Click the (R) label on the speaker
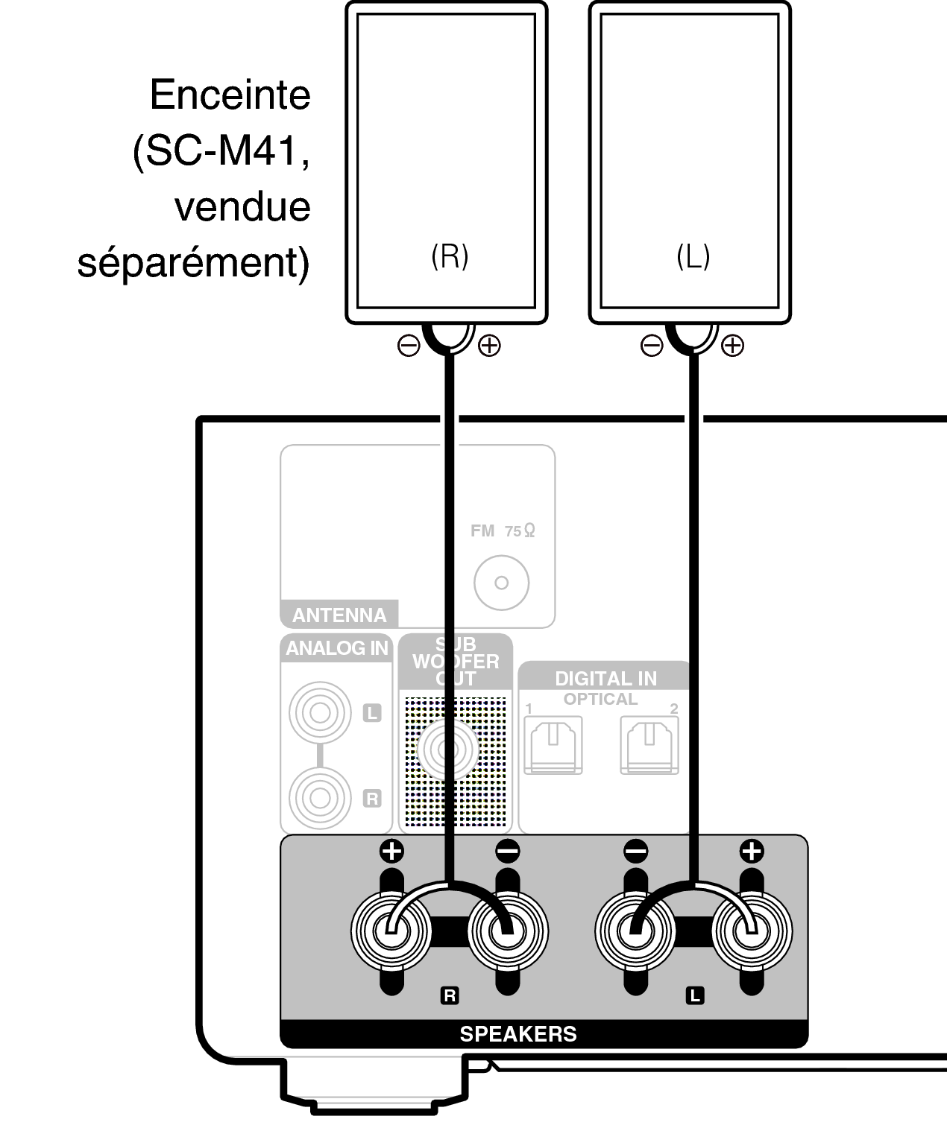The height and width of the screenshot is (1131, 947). point(450,256)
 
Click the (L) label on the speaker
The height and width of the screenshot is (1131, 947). point(693,257)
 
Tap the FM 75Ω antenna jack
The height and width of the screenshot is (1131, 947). point(502,583)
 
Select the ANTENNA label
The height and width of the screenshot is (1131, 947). point(339,615)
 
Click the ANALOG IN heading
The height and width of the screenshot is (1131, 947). point(337,648)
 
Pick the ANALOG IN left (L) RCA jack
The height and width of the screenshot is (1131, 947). point(320,713)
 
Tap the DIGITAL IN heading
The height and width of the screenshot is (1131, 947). point(605,678)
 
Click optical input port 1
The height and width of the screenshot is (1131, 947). point(553,744)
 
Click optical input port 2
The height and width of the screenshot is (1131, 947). point(649,744)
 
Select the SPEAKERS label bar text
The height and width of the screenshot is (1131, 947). point(518,1034)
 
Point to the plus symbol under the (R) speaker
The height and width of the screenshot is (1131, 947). point(489,345)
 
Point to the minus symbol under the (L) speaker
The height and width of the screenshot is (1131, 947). point(651,345)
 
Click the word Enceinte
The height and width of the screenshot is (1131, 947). point(230,95)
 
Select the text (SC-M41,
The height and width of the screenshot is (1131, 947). point(221,151)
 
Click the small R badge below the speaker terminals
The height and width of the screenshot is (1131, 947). point(450,995)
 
